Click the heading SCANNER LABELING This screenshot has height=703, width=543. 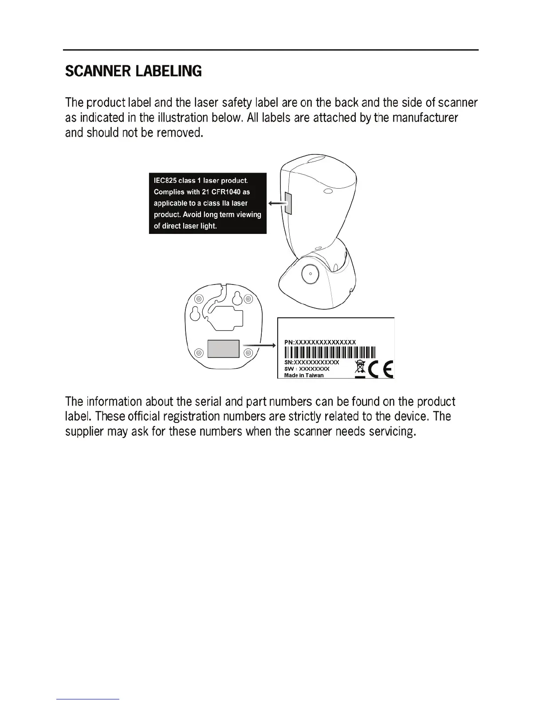[x=133, y=71]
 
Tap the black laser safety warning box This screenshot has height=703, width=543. [x=208, y=203]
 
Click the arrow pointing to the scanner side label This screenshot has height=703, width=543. [x=276, y=203]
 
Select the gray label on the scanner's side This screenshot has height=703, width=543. [x=287, y=203]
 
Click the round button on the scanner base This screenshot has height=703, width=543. [x=310, y=274]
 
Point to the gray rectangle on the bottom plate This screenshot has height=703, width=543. [x=224, y=348]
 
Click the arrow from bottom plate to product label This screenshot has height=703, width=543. [x=258, y=344]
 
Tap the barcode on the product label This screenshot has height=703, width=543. [x=330, y=352]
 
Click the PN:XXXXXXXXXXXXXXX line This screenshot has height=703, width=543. [x=320, y=342]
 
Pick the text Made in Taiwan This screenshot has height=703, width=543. [x=304, y=375]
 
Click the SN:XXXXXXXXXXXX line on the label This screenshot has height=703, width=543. [x=311, y=362]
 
